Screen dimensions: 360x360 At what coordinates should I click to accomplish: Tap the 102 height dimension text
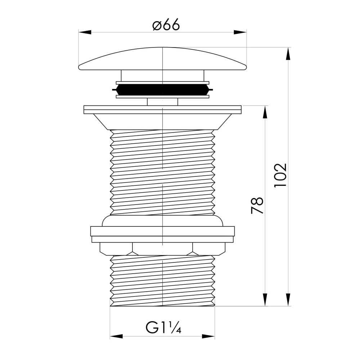(280, 175)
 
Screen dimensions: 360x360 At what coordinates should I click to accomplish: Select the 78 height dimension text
(257, 205)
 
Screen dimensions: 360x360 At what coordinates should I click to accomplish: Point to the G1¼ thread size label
(163, 327)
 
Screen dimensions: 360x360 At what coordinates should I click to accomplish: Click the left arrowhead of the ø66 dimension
(85, 32)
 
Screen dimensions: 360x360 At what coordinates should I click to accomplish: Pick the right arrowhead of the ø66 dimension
(240, 32)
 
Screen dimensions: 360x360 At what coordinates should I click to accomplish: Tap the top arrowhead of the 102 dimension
(288, 54)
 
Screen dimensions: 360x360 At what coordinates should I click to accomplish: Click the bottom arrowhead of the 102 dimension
(288, 300)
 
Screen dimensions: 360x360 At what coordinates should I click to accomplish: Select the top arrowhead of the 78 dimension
(265, 112)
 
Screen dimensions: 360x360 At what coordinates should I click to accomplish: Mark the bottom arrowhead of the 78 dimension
(265, 300)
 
